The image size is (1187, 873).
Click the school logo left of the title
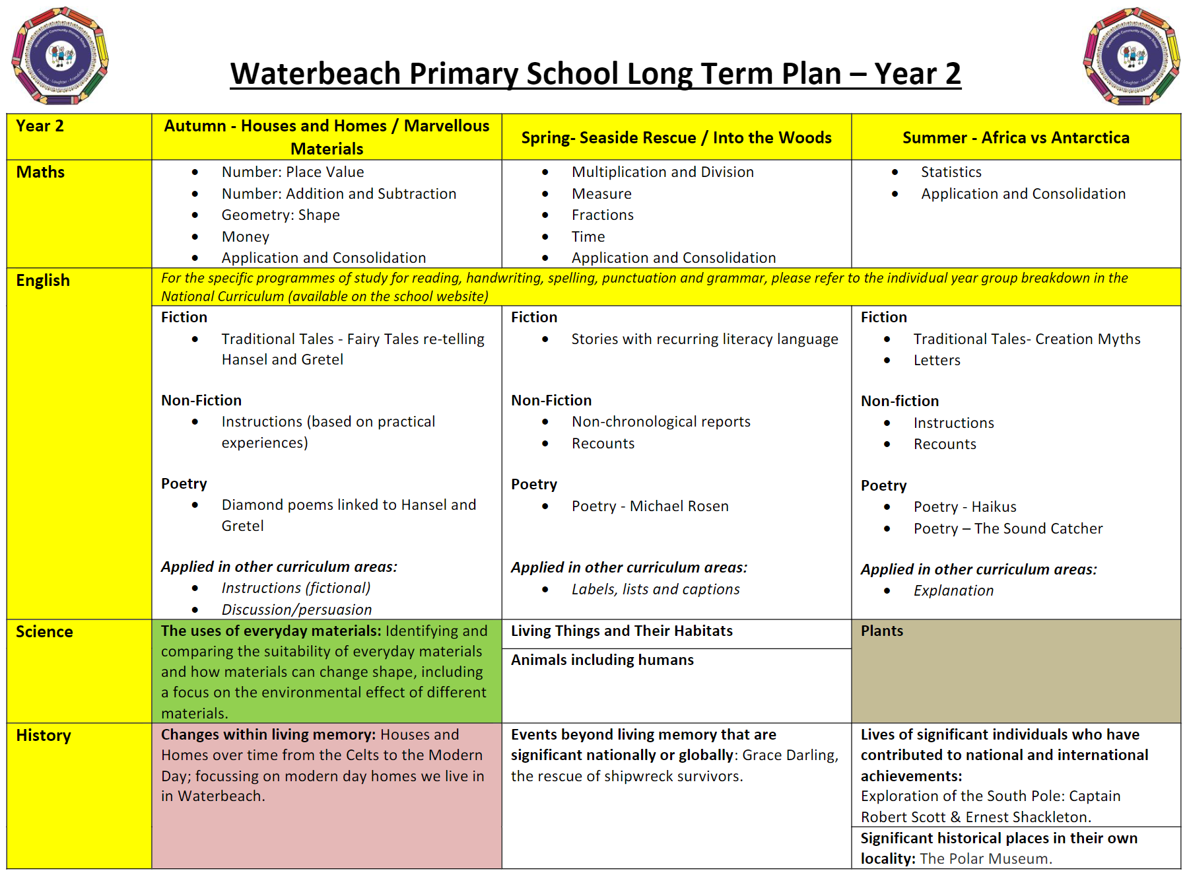(x=60, y=56)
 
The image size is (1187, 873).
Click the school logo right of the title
(x=1132, y=56)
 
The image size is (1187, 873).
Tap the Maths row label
(x=40, y=172)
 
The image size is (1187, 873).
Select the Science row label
(x=44, y=632)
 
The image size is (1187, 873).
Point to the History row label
(x=44, y=736)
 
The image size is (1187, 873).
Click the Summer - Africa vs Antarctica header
(x=1015, y=137)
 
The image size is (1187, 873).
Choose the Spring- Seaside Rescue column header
(x=676, y=137)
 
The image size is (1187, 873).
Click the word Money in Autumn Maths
(x=246, y=236)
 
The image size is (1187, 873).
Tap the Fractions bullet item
(x=602, y=215)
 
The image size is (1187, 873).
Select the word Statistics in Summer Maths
(x=951, y=172)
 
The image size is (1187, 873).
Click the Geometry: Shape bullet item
(x=281, y=215)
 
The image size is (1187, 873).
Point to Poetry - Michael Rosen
(x=650, y=506)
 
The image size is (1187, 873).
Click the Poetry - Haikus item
(x=965, y=507)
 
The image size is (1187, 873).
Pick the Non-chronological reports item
(x=661, y=422)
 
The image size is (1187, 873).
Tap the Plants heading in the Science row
(x=881, y=631)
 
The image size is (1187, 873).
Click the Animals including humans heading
(x=602, y=660)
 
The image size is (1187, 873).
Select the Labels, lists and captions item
(x=655, y=589)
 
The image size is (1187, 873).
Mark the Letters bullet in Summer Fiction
(x=937, y=361)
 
